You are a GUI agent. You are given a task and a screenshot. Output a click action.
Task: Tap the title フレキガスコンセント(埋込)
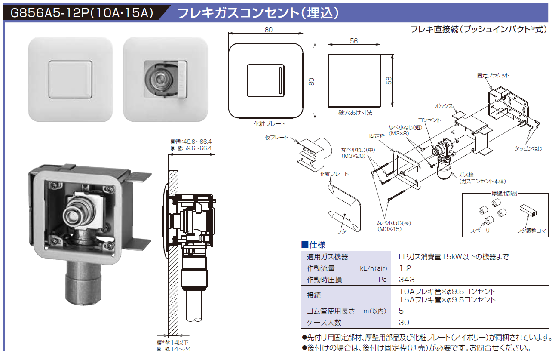258,13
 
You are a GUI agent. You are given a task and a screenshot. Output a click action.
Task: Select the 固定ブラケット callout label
493,75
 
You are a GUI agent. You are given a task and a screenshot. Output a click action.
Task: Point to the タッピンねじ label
528,148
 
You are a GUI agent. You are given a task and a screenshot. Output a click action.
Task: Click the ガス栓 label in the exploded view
466,175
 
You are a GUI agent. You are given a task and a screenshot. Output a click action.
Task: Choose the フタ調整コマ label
531,231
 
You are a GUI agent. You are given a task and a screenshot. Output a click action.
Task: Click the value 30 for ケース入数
404,322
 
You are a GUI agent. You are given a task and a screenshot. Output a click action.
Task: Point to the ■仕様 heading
313,245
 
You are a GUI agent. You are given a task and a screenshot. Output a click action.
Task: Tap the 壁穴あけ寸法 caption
355,113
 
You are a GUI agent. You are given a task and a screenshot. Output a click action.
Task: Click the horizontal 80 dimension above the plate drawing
269,30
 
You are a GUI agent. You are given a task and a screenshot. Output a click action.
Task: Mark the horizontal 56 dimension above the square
354,41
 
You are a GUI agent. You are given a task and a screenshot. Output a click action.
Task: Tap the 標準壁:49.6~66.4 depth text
191,142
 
